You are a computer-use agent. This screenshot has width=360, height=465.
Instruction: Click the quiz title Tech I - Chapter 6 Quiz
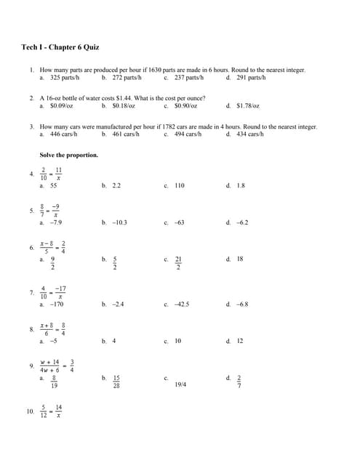tap(60, 47)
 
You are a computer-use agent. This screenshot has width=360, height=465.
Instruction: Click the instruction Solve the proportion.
tap(68, 155)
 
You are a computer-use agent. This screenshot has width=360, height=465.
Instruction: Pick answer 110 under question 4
tap(179, 186)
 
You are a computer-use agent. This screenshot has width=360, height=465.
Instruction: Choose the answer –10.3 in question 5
tap(119, 222)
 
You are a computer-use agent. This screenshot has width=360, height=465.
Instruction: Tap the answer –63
tap(179, 222)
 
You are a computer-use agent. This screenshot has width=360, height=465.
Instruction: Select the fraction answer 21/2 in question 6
tap(178, 262)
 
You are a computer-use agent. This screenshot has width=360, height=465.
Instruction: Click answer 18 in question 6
tap(240, 259)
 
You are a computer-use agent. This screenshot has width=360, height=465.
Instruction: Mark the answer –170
tap(56, 304)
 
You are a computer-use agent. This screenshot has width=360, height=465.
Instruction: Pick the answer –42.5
tap(181, 304)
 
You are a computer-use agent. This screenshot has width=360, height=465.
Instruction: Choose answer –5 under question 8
tap(53, 341)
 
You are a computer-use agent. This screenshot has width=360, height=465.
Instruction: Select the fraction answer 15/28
tap(116, 381)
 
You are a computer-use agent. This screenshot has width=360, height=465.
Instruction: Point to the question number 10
tap(30, 411)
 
